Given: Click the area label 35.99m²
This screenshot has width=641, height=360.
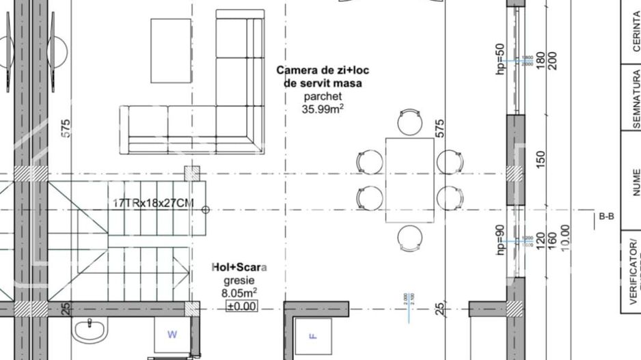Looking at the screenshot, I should [x=323, y=108].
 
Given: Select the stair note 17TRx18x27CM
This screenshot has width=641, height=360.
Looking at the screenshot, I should [x=153, y=204].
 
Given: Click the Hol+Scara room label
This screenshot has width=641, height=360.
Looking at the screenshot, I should [x=239, y=267].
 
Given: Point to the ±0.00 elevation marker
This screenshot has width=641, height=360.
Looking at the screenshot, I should [x=242, y=306].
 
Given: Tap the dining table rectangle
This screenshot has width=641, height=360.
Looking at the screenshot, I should [x=409, y=180].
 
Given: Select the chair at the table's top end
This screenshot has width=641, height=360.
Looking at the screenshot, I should [x=409, y=122].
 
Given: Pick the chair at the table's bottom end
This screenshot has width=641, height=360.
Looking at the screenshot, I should [x=409, y=238].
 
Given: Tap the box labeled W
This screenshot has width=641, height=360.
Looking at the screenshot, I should [x=172, y=334].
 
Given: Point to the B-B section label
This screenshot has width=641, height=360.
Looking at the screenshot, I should [x=606, y=217].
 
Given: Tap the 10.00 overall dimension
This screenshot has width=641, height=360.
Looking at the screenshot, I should [x=564, y=238].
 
